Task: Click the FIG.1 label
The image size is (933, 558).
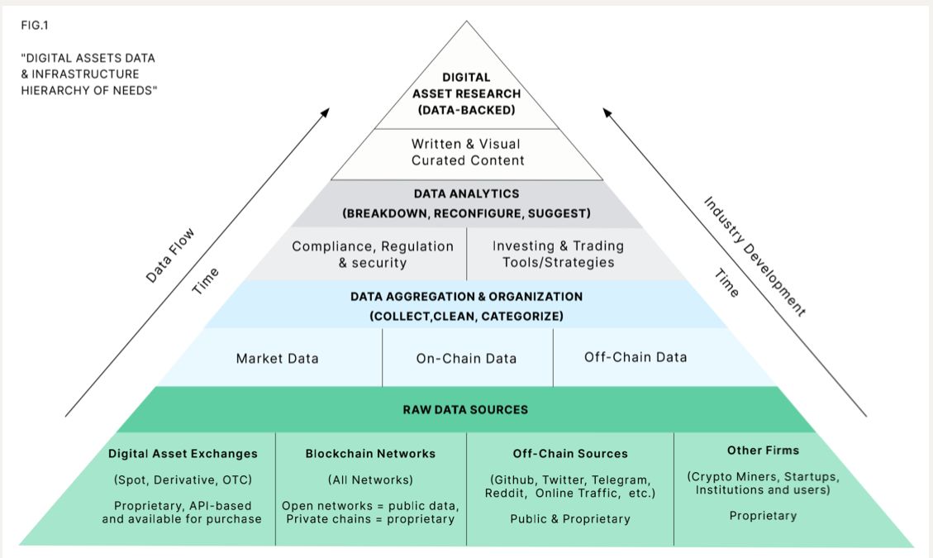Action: tap(34, 24)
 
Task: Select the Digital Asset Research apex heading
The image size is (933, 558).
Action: tap(467, 93)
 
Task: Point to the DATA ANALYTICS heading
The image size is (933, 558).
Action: tap(466, 193)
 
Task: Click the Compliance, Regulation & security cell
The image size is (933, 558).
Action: tap(373, 255)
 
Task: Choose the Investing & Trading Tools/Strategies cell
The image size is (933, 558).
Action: tap(558, 254)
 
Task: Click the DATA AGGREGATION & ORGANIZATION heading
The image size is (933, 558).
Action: tap(466, 296)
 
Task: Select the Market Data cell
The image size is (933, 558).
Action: tap(277, 358)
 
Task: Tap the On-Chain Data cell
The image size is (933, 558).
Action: tap(466, 358)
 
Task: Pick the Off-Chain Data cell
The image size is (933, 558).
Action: tap(635, 357)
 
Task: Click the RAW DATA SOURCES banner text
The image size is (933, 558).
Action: tap(465, 409)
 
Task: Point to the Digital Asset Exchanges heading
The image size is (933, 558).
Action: tap(183, 453)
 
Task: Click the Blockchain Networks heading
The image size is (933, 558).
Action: tap(370, 453)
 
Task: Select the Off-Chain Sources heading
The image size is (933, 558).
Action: tap(569, 453)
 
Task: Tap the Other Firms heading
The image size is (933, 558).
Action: tap(763, 451)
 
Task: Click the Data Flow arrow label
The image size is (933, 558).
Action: tap(169, 256)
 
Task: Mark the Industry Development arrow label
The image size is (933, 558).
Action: tap(754, 257)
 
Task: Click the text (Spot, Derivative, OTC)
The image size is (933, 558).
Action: tap(183, 479)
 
